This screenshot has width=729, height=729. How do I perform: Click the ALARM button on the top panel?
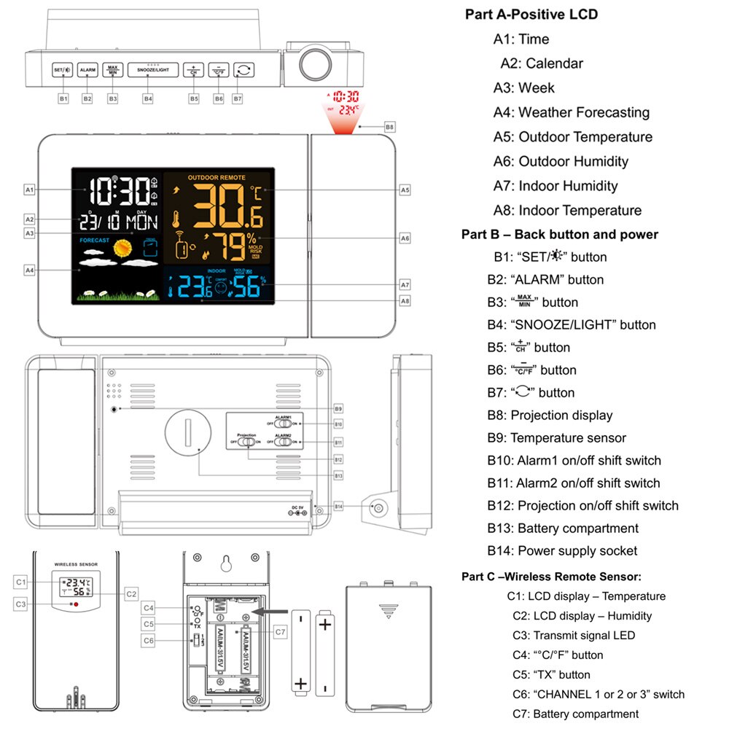click(87, 70)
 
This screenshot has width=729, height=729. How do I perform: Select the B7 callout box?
click(238, 98)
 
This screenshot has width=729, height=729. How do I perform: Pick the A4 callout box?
click(29, 270)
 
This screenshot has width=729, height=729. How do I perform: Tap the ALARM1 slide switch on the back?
click(284, 424)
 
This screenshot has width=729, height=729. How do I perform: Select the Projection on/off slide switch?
click(247, 441)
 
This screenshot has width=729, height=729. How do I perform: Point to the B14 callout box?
click(338, 506)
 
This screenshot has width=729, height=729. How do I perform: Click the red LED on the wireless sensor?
click(75, 604)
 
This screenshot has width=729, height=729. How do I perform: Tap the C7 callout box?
click(281, 631)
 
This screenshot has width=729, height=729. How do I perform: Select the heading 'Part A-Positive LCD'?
click(531, 15)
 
